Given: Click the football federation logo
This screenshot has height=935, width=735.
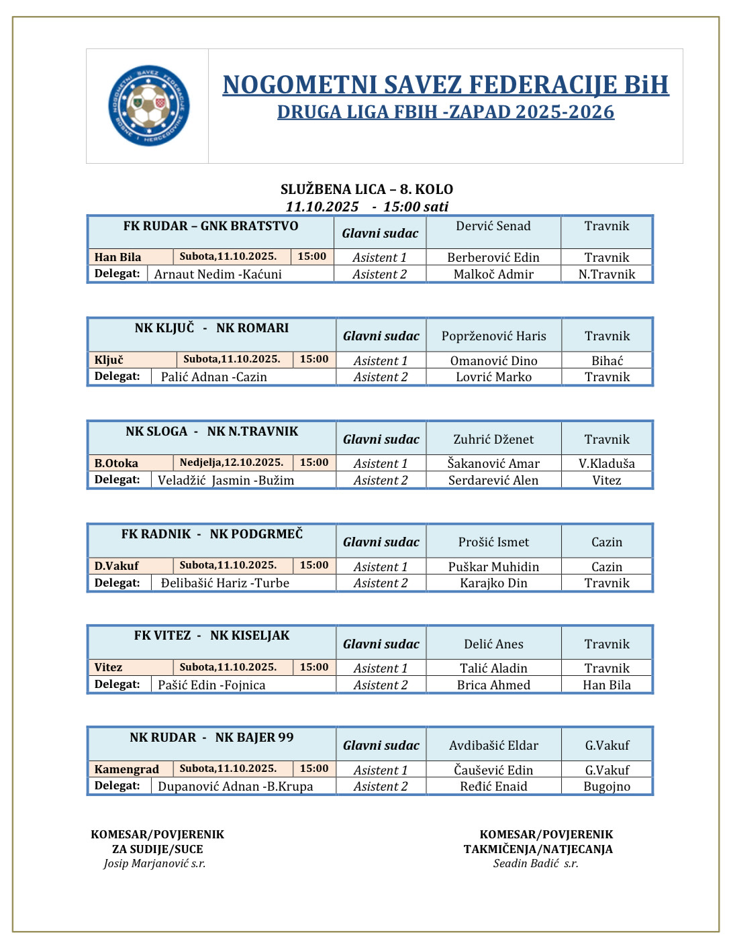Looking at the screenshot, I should coord(148,105).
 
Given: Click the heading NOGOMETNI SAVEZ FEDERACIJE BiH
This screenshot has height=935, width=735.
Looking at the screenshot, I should coord(446,85).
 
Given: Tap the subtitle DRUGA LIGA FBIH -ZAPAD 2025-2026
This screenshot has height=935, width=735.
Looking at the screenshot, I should coord(446,112).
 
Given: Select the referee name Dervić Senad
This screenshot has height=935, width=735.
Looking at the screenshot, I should coord(493,226).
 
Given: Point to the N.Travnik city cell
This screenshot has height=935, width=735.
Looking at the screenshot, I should coord(607,274).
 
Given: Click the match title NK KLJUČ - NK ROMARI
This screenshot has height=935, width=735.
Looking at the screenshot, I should coord(211,328).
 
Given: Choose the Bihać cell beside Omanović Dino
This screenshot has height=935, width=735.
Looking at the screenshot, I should coord(607,360).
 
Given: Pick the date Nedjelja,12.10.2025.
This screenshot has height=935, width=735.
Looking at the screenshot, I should coord(232,462).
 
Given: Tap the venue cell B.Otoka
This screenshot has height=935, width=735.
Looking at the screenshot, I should coord(117,463).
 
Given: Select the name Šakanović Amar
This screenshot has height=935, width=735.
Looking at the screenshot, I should coord(493,463).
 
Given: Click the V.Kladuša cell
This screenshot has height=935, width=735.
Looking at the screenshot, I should coord(607,463).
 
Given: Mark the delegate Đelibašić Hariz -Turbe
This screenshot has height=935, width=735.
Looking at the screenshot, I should coord(225,583).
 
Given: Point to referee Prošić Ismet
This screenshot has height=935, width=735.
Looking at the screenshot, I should coord(493,542).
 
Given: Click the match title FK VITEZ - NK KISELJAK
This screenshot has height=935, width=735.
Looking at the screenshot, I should coord(211,636).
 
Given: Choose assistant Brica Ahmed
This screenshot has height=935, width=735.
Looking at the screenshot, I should coord(493,685).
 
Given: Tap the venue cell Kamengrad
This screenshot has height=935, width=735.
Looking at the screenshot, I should coord(127,769).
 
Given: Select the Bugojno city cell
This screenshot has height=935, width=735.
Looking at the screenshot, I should coord(607,787).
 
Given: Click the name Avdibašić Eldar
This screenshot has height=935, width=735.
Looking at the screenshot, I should coord(493,745).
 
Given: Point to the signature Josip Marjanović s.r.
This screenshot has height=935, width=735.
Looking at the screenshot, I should coord(154,864).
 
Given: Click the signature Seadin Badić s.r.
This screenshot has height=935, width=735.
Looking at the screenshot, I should coord(536,864).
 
